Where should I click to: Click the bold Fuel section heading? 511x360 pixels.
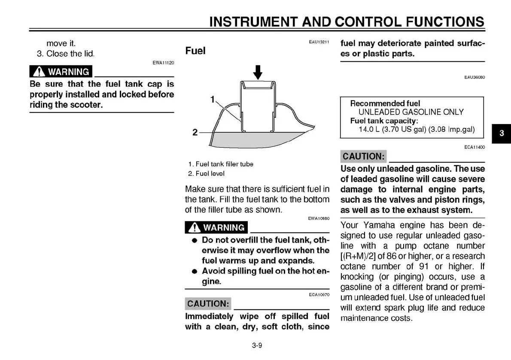pos(195,51)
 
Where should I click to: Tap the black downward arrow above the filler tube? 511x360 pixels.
pos(257,72)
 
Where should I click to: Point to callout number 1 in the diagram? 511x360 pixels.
pos(213,100)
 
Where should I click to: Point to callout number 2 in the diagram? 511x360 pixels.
pos(195,132)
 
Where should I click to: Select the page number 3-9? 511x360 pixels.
pos(257,345)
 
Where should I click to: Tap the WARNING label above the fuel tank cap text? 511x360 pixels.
pos(61,72)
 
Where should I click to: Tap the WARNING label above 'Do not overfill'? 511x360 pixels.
pos(216,228)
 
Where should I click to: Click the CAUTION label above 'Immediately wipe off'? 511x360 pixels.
pos(208,304)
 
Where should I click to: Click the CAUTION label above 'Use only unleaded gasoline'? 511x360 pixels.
pos(363,156)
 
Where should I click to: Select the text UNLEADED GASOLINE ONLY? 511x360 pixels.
pos(411,112)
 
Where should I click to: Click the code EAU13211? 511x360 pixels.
pos(319,42)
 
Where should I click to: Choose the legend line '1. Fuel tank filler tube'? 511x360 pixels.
pos(221,164)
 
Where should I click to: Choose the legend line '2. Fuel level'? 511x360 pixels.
pos(206,174)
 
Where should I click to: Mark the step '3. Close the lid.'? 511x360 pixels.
pos(65,54)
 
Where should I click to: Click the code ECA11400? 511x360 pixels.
pos(474,147)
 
